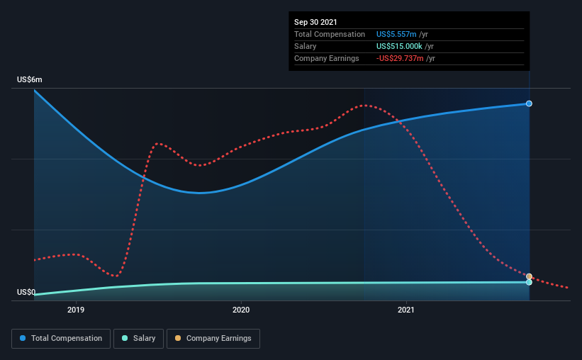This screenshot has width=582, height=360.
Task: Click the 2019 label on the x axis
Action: tap(76, 310)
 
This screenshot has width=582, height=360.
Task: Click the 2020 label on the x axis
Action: tap(241, 310)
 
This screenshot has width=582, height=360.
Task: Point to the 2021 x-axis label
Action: tap(406, 310)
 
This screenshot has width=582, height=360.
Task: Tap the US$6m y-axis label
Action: tap(30, 80)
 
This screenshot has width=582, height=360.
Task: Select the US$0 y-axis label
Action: tap(26, 292)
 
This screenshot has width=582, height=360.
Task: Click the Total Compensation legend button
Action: tap(61, 339)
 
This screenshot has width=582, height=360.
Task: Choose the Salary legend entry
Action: tap(138, 339)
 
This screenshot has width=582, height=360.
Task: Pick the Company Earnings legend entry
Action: tap(213, 339)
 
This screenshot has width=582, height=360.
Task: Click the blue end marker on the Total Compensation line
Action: tap(529, 103)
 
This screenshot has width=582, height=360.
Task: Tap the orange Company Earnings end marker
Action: tap(529, 276)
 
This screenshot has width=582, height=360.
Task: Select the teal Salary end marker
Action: tap(529, 283)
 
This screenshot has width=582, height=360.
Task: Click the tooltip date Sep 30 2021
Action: tap(315, 22)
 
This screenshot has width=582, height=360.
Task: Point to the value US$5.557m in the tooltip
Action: tap(396, 34)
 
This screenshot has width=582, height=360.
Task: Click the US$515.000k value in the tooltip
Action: tap(399, 46)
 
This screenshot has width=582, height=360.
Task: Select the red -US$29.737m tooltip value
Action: tap(400, 58)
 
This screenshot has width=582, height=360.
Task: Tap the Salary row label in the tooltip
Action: tap(305, 46)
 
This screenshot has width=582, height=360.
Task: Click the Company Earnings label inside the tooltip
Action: tap(327, 58)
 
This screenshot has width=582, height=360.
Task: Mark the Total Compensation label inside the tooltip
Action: tap(330, 34)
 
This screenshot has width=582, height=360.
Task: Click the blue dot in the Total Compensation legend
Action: tap(23, 338)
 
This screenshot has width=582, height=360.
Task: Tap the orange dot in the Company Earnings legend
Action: tap(178, 338)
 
